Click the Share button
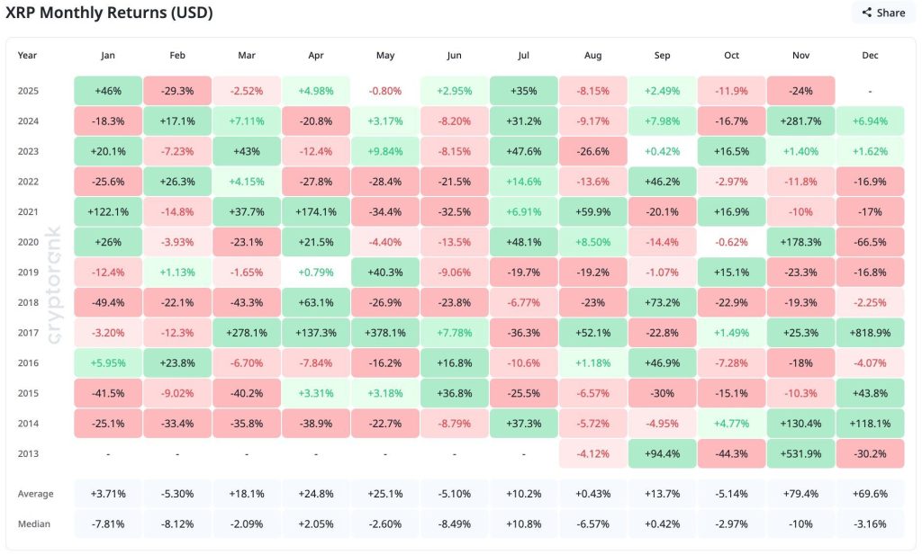click(x=882, y=13)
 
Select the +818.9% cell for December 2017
click(x=870, y=332)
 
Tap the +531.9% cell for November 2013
click(x=800, y=452)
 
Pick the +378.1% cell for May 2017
click(x=385, y=332)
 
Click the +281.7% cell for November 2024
click(x=800, y=121)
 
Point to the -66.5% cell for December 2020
click(x=870, y=242)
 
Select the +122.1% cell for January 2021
click(x=108, y=211)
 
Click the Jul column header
click(x=523, y=55)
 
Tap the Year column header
click(x=28, y=55)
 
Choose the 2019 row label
click(x=29, y=272)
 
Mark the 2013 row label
click(x=29, y=452)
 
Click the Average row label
click(x=36, y=493)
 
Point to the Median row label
click(x=34, y=524)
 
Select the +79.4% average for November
click(x=800, y=493)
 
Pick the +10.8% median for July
click(x=523, y=524)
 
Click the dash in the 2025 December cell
click(x=870, y=91)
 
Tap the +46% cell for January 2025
click(x=108, y=91)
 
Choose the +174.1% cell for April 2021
click(x=315, y=211)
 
